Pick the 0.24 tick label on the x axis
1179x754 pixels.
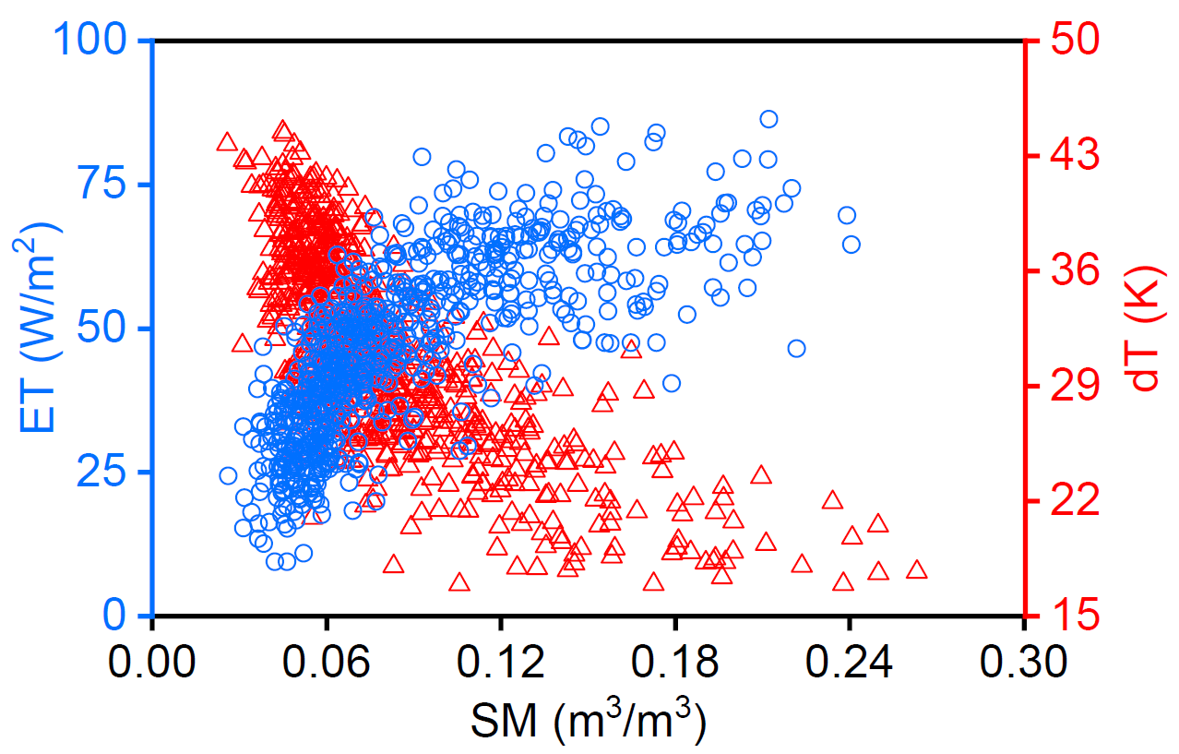point(850,662)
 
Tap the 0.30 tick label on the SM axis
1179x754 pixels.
point(1023,662)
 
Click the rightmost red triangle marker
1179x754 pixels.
point(916,569)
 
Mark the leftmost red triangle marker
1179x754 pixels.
point(227,142)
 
